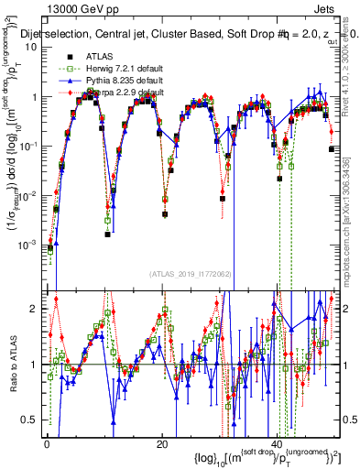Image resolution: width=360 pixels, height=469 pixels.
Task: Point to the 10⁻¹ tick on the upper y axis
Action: (33, 146)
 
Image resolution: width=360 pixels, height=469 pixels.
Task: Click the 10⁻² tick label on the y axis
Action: (33, 195)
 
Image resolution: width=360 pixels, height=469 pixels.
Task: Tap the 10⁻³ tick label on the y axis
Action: (33, 245)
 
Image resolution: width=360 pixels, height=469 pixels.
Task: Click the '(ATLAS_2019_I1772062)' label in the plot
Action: (190, 272)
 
